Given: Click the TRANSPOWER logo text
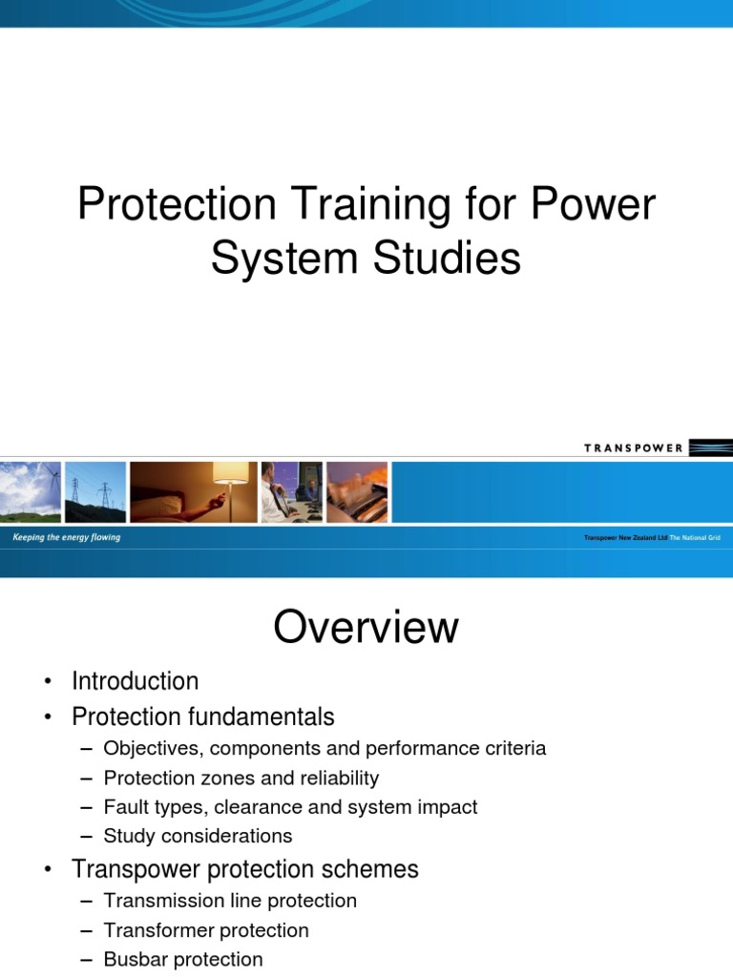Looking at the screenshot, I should pos(633,448).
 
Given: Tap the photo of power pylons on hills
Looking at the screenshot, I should pos(95,492).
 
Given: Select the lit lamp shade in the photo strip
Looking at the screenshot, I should pos(230,473).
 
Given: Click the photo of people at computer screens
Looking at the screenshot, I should pos(291,492).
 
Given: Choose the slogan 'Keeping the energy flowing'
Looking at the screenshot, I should pos(67,538).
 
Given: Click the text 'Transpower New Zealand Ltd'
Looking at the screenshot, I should pos(625,539).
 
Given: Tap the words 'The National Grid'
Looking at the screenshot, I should pos(695,539).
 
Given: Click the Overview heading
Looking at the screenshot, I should pos(366,628).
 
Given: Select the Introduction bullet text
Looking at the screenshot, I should pos(136,681).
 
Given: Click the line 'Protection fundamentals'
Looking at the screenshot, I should pos(203,716).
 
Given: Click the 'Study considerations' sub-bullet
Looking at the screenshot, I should pos(198,836).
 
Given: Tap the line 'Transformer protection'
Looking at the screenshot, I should pos(206,930).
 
